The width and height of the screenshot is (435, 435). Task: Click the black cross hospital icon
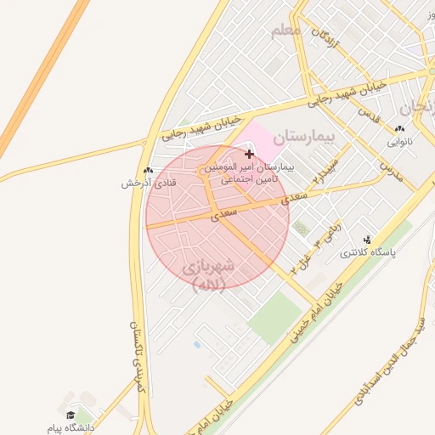pyautogui.click(x=249, y=154)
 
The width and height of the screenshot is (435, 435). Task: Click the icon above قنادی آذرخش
pyautogui.click(x=149, y=171)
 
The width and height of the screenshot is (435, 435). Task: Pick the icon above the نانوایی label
pyautogui.click(x=400, y=129)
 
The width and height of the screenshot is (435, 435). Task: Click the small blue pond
pyautogui.click(x=197, y=345)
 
